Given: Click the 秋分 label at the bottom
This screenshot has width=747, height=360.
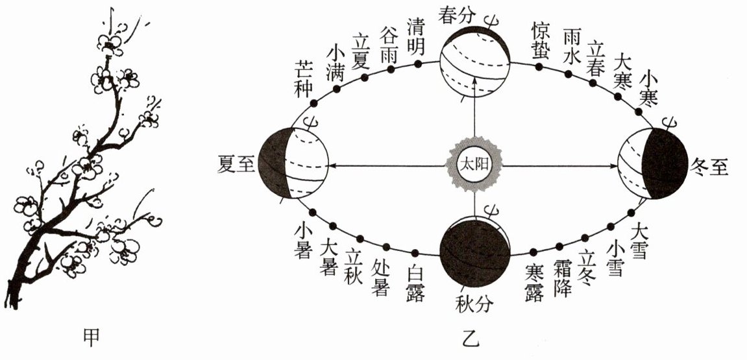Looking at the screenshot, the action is point(474,302).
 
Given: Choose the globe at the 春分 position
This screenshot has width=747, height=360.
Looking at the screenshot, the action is point(474,62).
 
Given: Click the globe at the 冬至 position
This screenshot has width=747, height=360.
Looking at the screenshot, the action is point(652,163).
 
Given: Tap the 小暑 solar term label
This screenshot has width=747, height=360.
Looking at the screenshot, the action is point(304,241).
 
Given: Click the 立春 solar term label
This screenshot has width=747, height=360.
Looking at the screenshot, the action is point(596,58).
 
